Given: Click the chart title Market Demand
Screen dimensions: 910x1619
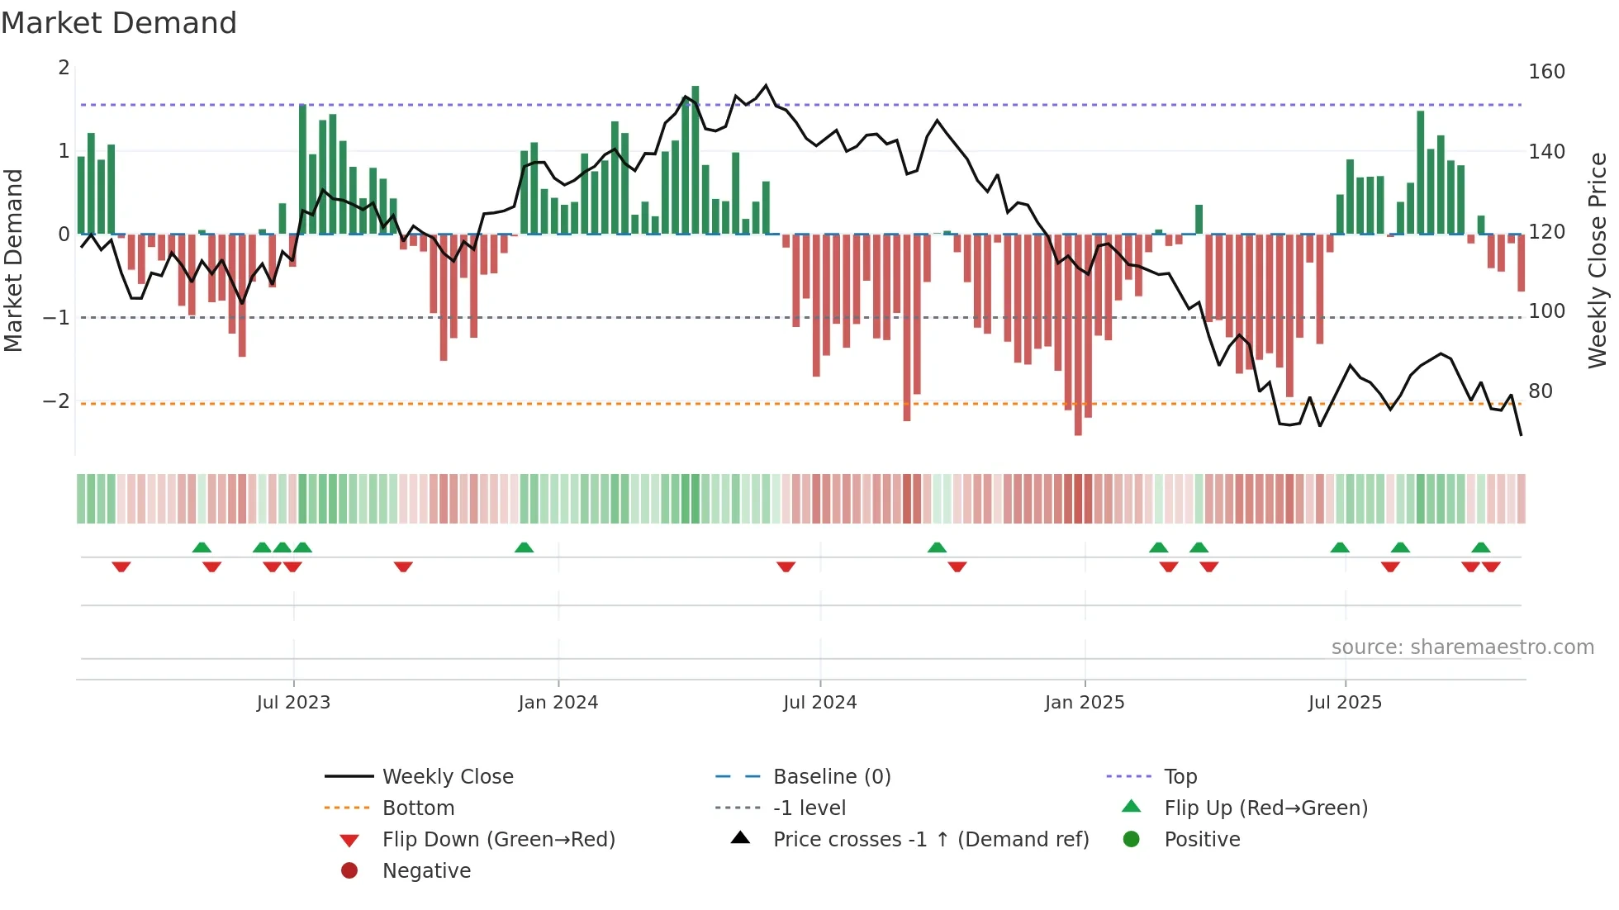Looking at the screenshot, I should (119, 23).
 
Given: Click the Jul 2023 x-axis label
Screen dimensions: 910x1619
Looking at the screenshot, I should (293, 703).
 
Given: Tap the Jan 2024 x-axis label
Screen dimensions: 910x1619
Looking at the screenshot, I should (558, 703).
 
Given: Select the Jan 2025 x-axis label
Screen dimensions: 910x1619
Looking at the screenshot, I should (1084, 703).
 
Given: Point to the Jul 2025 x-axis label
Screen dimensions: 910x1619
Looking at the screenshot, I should (1345, 703).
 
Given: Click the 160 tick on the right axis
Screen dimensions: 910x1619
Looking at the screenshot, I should (1546, 72).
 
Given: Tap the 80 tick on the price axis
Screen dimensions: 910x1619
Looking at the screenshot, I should (1540, 391).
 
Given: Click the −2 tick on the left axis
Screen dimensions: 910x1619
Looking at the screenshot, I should (56, 401).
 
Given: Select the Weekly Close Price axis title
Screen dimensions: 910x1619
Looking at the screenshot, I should (1598, 260).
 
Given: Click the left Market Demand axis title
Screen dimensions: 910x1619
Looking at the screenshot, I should (14, 260).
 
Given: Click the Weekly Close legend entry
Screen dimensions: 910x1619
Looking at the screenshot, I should (447, 776).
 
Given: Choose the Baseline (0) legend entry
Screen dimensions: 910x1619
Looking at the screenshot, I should (831, 776).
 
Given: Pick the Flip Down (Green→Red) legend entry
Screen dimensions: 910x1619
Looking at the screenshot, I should (498, 839).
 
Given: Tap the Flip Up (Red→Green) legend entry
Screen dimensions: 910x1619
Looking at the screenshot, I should (1265, 808).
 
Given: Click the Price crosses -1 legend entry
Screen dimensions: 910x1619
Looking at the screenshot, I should (930, 839).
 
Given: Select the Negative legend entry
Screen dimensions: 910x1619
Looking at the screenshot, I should (426, 870).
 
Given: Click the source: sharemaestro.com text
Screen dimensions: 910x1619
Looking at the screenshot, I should (1462, 647).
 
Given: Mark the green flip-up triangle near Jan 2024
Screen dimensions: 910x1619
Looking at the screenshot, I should (524, 547).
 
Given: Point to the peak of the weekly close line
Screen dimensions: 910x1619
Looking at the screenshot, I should (766, 85).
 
